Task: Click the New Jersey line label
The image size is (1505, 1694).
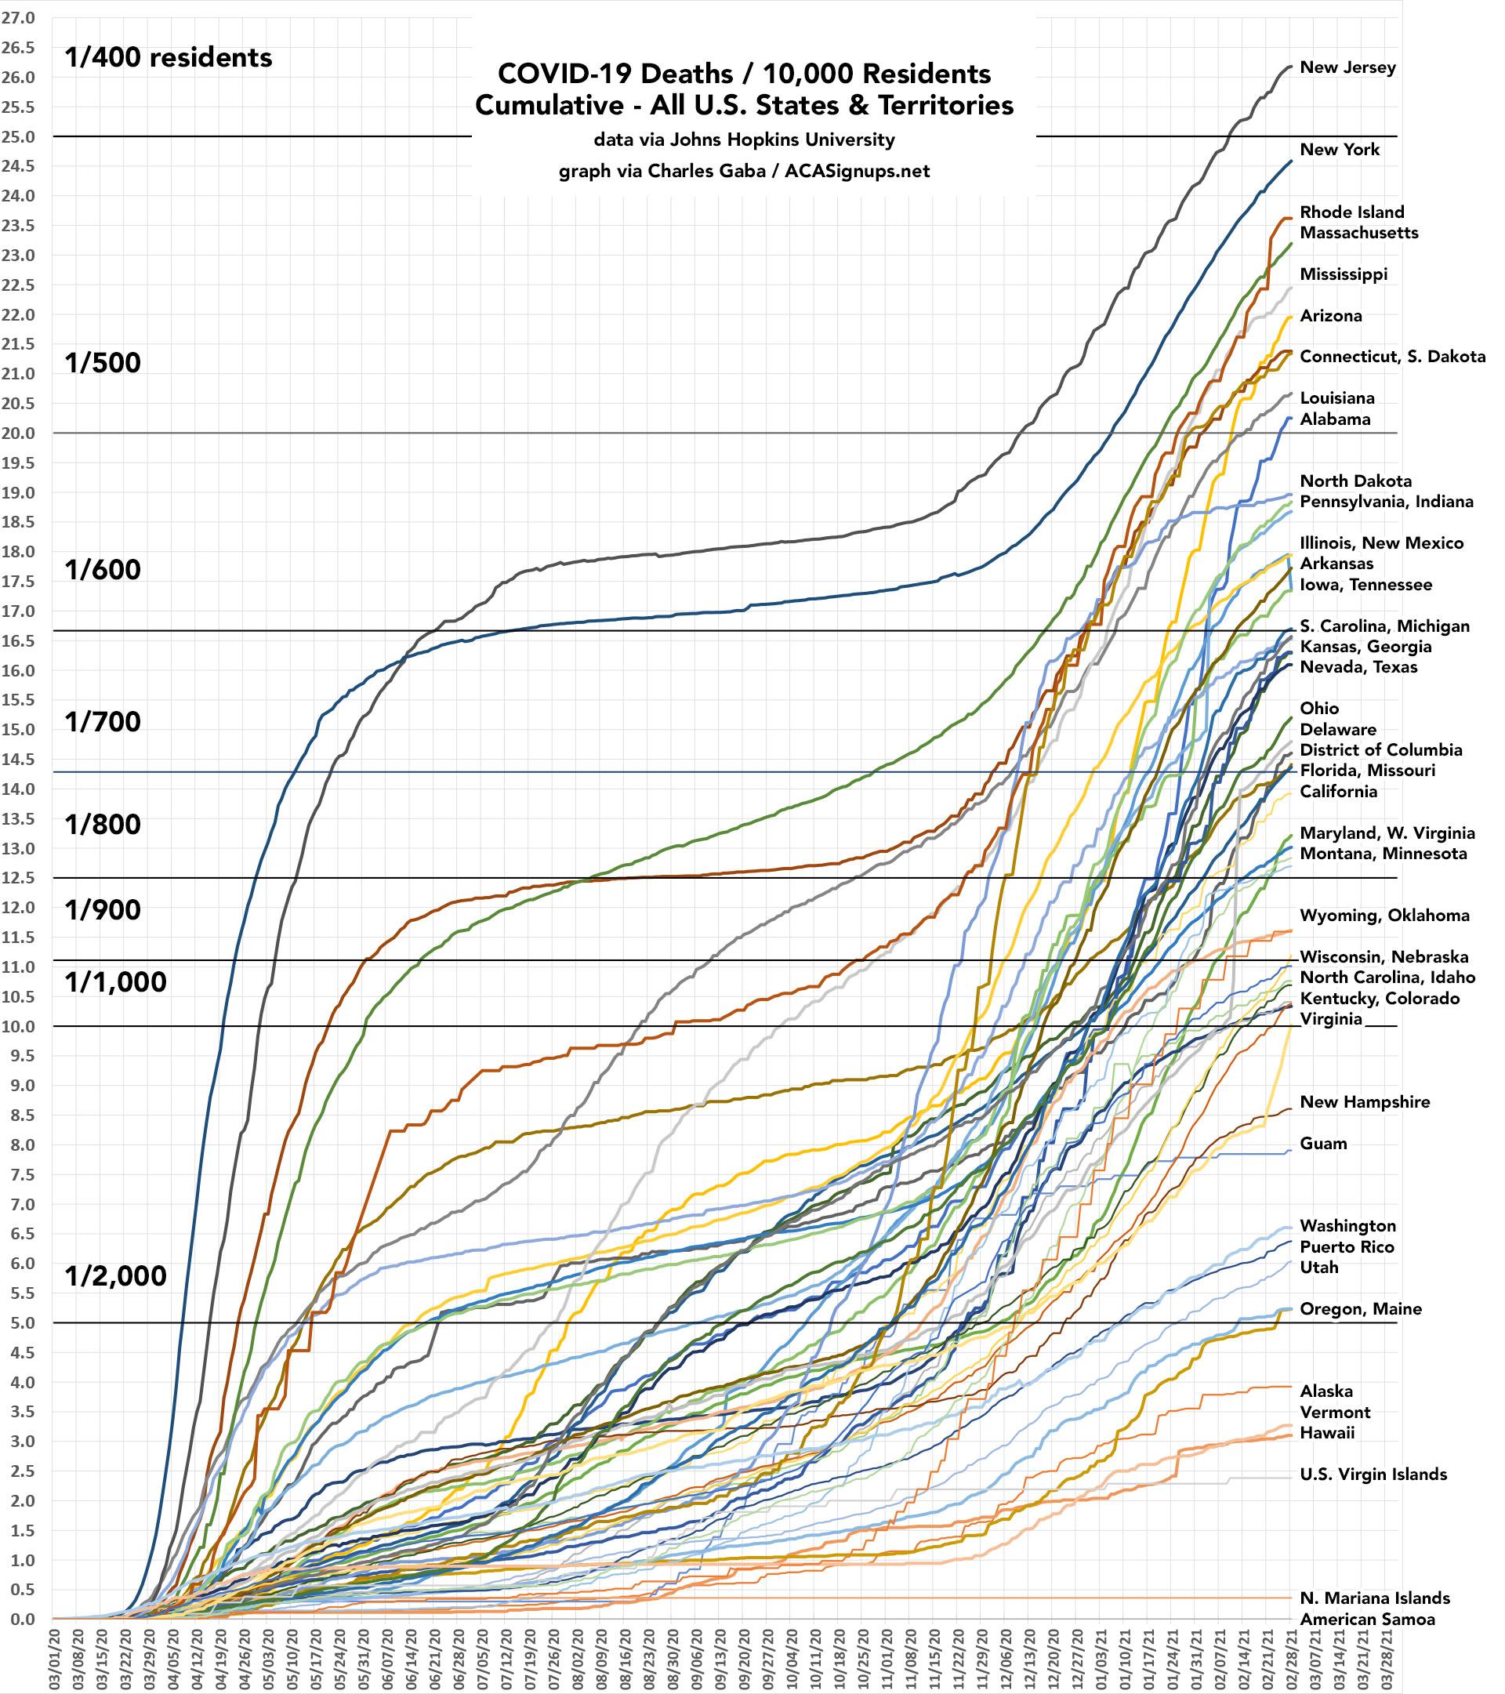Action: (x=1347, y=68)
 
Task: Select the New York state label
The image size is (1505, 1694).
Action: (x=1340, y=150)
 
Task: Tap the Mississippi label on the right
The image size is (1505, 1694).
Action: (x=1344, y=274)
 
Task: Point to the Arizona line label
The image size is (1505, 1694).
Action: (x=1331, y=316)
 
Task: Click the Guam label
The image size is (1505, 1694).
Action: (x=1323, y=1144)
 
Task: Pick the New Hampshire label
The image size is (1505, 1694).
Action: (x=1365, y=1102)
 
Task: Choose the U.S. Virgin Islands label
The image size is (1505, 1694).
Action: (x=1373, y=1475)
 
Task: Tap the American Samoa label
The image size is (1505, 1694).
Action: (x=1367, y=1620)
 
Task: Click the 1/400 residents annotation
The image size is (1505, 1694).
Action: (x=169, y=58)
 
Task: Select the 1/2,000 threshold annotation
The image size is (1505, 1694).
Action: (x=116, y=1276)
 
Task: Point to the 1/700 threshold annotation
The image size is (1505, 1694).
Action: (x=103, y=722)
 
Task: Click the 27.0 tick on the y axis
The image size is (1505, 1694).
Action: (x=18, y=18)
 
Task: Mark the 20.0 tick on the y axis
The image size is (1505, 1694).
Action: (x=18, y=433)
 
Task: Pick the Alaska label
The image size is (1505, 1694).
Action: (x=1326, y=1391)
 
